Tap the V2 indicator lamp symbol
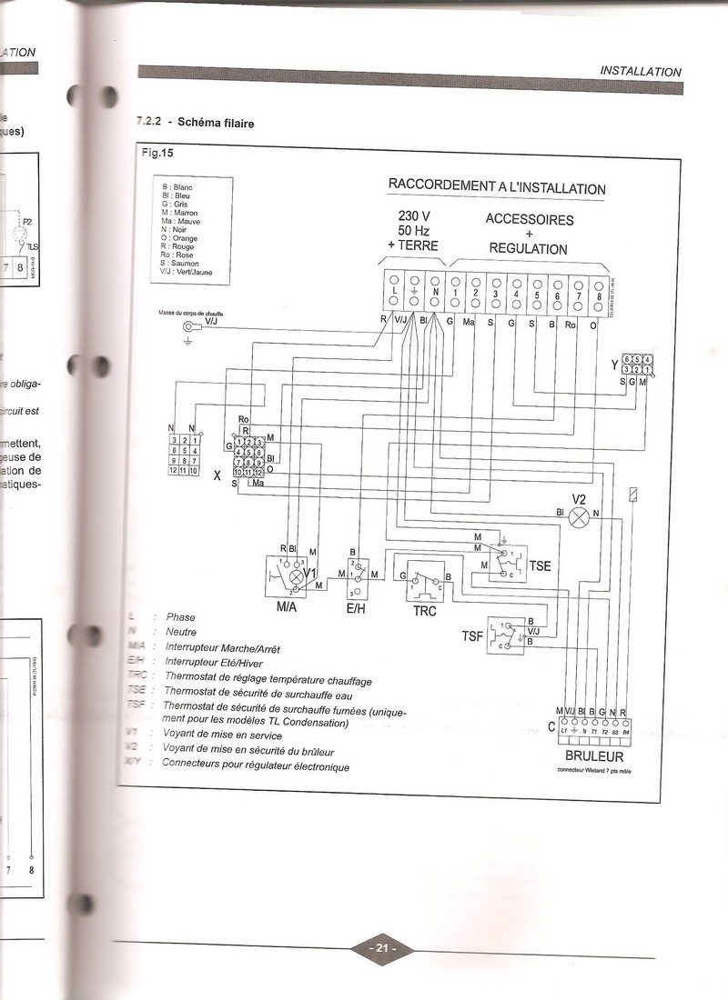point(579,517)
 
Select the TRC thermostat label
point(424,611)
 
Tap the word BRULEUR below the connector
point(593,755)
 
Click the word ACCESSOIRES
point(529,219)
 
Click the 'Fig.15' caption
point(157,152)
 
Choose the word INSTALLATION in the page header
point(641,72)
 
